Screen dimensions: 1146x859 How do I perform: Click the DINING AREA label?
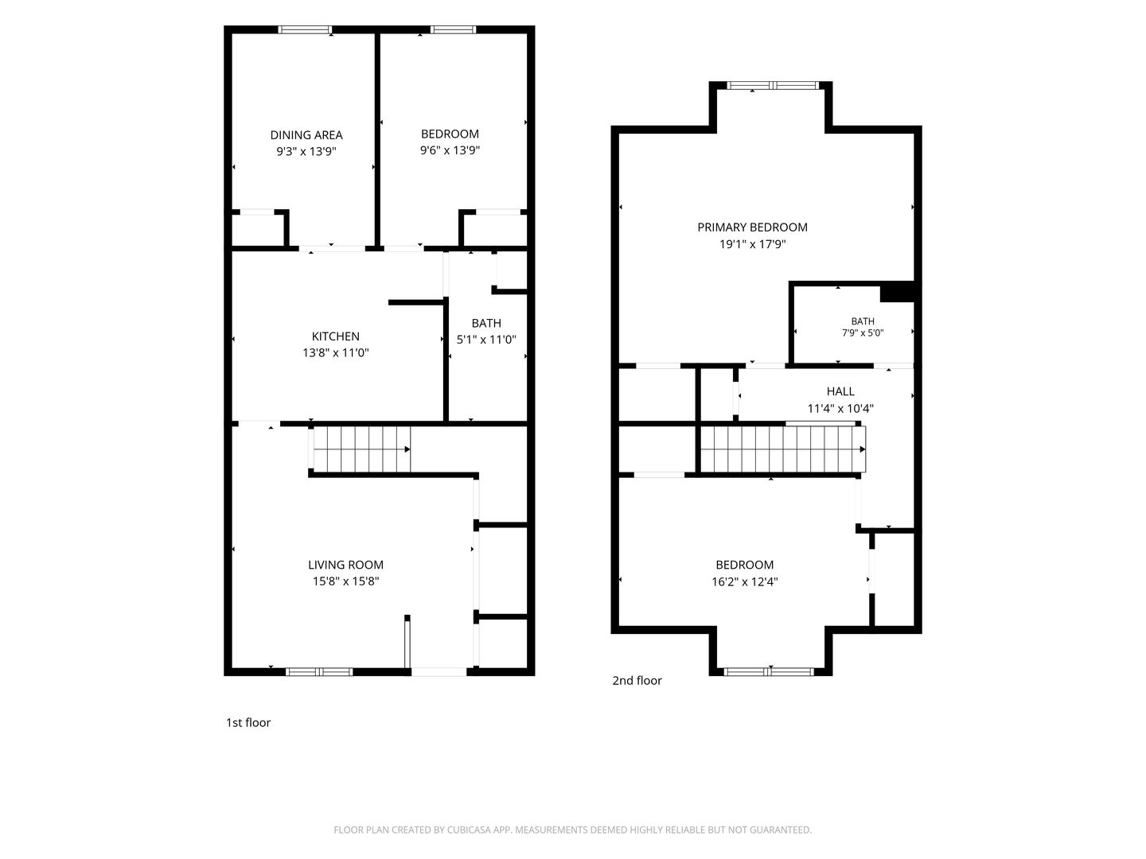pyautogui.click(x=306, y=135)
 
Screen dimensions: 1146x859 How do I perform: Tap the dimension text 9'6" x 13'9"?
pyautogui.click(x=450, y=150)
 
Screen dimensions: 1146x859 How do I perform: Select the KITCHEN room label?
pyautogui.click(x=336, y=336)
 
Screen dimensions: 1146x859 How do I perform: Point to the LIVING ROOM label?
pyautogui.click(x=345, y=565)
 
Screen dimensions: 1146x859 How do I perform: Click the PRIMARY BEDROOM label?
pyautogui.click(x=752, y=227)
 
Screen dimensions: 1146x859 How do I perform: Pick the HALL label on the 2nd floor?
pyautogui.click(x=840, y=391)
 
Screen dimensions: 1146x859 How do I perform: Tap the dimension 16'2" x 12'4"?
pyautogui.click(x=745, y=581)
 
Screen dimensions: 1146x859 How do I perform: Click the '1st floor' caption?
pyautogui.click(x=248, y=722)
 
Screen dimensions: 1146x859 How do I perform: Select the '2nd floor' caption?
pyautogui.click(x=637, y=680)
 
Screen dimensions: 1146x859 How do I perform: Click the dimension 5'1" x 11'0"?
pyautogui.click(x=486, y=340)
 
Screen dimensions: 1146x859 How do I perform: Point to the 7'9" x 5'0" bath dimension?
pyautogui.click(x=863, y=332)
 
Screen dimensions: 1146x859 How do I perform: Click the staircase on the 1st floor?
pyautogui.click(x=361, y=449)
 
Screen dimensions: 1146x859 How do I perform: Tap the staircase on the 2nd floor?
pyautogui.click(x=782, y=449)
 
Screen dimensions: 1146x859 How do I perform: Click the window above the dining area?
pyautogui.click(x=305, y=29)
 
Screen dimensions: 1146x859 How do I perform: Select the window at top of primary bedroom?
pyautogui.click(x=773, y=86)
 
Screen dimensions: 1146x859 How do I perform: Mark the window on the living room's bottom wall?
pyautogui.click(x=319, y=672)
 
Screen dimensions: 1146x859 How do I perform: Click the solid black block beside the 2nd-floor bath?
pyautogui.click(x=898, y=292)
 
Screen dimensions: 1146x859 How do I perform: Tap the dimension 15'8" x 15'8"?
pyautogui.click(x=345, y=581)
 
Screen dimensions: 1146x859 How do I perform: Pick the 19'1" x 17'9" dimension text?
pyautogui.click(x=752, y=244)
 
